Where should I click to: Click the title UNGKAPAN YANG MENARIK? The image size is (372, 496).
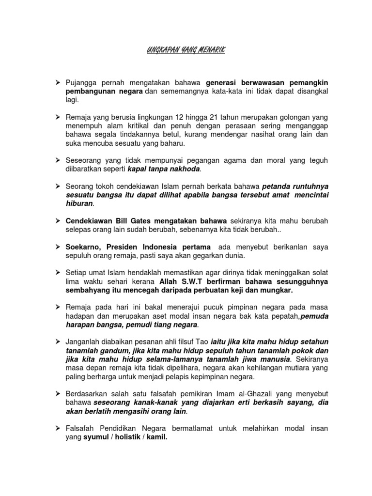[x=186, y=50]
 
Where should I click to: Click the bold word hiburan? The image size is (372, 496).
[x=79, y=204]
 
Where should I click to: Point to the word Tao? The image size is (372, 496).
[x=200, y=341]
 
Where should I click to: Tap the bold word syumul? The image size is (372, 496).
[x=96, y=436]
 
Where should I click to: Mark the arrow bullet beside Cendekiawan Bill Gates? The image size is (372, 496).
[x=57, y=221]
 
